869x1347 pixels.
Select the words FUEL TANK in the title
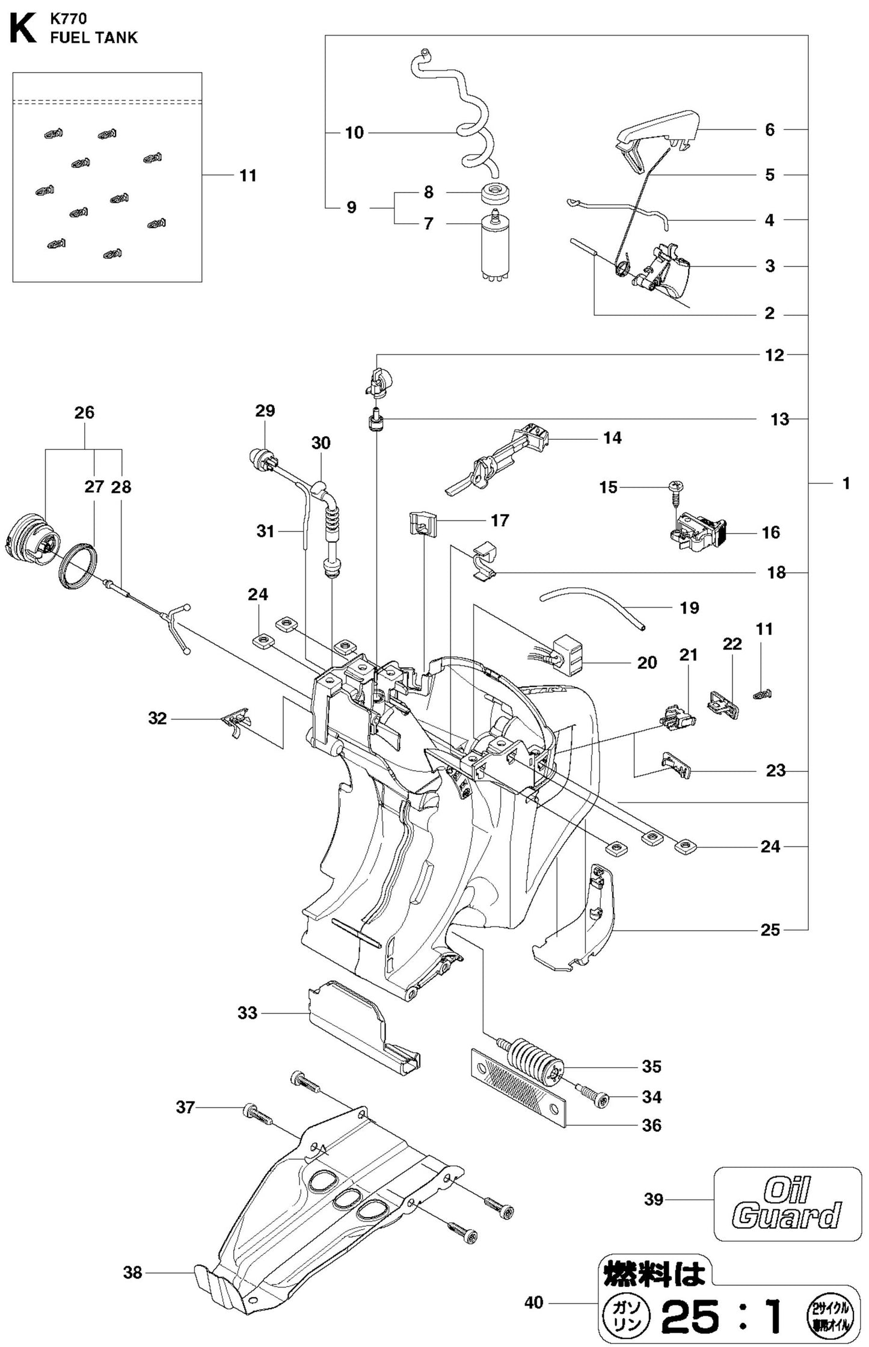[94, 38]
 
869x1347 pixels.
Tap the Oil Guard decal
[787, 1203]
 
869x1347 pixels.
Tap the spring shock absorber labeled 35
[530, 1064]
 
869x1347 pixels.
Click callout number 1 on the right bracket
[845, 483]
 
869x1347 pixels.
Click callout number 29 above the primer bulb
[265, 411]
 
